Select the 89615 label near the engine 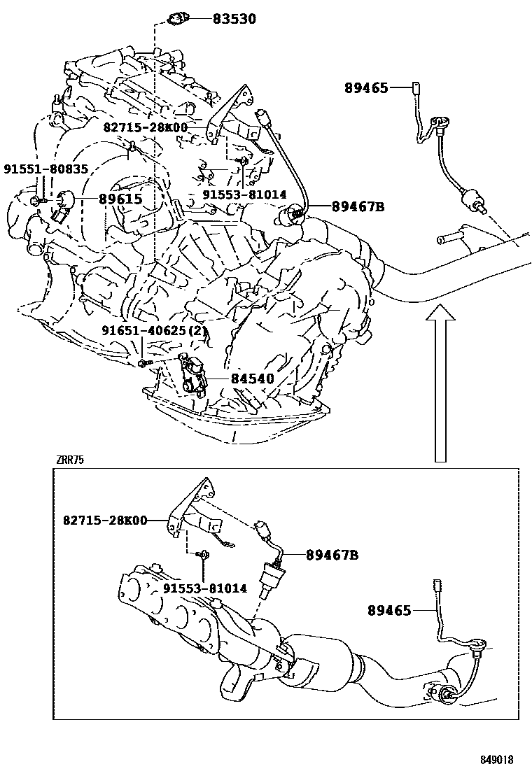120,199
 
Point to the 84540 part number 249,379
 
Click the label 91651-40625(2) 155,330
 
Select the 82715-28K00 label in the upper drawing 145,127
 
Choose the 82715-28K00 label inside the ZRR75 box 105,520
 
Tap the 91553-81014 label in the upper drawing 245,194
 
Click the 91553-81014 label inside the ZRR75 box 205,588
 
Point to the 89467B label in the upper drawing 358,206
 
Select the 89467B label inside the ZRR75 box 332,555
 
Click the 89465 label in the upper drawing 366,87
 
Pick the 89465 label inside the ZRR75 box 389,610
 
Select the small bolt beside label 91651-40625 143,362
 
